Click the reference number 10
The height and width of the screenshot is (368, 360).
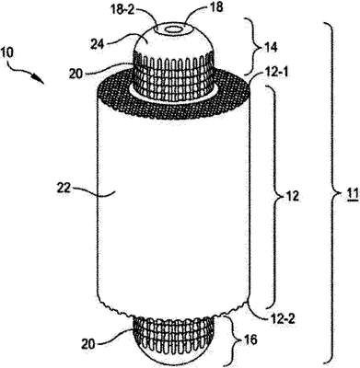point(7,52)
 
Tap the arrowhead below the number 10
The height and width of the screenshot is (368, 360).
point(39,79)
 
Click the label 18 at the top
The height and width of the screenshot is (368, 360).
point(217,7)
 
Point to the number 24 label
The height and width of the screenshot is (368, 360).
point(98,44)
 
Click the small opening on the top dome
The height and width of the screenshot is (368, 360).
point(173,29)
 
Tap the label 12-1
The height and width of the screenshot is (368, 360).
point(274,73)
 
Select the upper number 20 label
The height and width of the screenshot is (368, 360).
point(75,75)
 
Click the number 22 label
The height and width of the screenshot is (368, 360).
point(64,188)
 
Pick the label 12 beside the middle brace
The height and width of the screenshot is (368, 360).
point(292,195)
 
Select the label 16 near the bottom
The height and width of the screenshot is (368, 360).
point(250,340)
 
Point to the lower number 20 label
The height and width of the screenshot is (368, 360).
point(88,344)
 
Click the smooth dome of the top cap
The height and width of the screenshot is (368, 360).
point(172,39)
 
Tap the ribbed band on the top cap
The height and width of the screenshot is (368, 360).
point(173,72)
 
